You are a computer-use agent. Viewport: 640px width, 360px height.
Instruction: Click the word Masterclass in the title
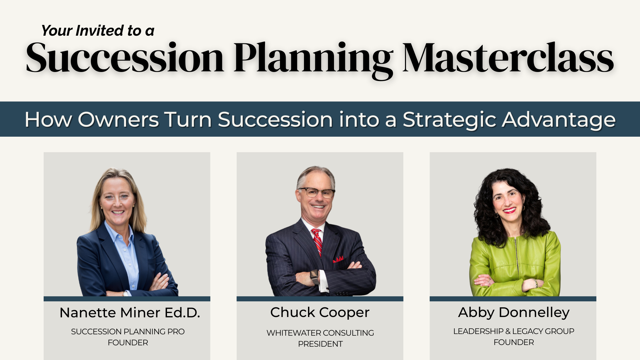click(508, 57)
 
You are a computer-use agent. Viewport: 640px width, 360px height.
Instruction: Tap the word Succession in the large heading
click(125, 57)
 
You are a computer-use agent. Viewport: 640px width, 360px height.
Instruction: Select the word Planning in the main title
click(313, 60)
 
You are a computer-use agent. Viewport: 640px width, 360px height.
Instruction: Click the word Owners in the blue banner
click(118, 119)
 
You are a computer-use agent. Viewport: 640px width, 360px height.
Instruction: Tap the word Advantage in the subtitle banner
click(559, 120)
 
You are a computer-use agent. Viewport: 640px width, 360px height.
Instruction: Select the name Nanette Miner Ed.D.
click(130, 313)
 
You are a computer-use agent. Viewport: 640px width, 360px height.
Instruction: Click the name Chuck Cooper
click(320, 313)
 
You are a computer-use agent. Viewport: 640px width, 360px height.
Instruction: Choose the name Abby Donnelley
click(514, 313)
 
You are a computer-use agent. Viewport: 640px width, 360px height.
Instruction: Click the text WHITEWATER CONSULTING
click(320, 333)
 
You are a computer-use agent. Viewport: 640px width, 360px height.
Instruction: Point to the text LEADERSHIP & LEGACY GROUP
click(514, 331)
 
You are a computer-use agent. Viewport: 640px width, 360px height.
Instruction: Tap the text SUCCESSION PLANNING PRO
click(128, 331)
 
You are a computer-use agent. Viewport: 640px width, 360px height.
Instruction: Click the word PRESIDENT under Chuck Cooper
click(320, 344)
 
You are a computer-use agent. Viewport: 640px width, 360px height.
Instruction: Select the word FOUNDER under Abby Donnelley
click(514, 342)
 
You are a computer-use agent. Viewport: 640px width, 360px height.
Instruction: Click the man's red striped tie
click(317, 242)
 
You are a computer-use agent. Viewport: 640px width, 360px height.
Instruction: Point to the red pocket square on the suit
click(338, 259)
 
